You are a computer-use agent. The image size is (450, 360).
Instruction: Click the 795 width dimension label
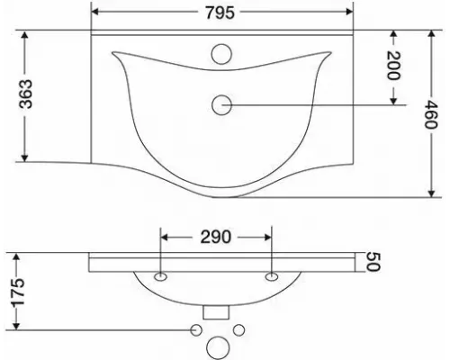[220, 13]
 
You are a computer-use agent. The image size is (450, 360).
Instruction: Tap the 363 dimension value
[25, 94]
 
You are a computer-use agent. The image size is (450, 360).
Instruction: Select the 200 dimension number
[393, 66]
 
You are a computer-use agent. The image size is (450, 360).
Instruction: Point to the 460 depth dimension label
[432, 114]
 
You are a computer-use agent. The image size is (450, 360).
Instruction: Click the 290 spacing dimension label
[216, 237]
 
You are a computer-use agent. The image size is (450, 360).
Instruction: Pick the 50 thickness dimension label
[373, 262]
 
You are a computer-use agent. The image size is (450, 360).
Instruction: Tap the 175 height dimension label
[17, 292]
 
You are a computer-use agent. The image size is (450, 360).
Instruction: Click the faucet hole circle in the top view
[221, 54]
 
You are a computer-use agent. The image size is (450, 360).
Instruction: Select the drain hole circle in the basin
[221, 105]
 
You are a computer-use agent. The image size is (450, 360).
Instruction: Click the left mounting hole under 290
[160, 276]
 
